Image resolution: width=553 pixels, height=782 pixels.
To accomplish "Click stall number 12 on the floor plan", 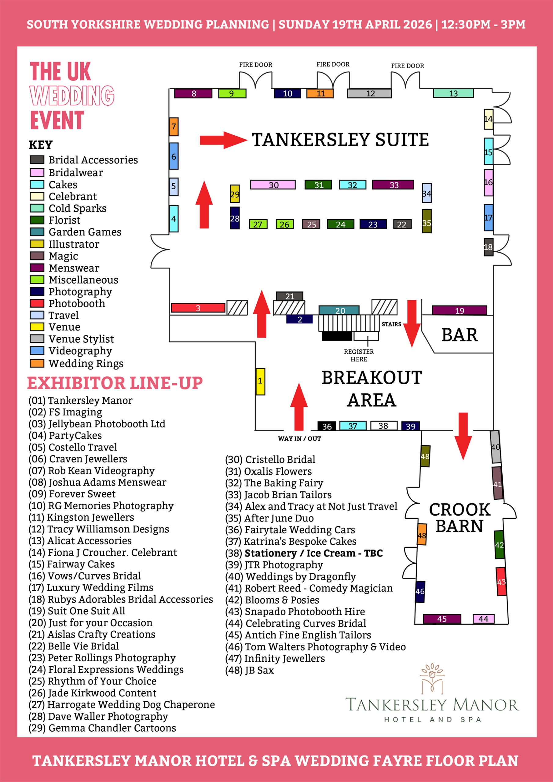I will pos(369,93).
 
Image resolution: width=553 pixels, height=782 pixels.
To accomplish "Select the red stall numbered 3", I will pos(198,308).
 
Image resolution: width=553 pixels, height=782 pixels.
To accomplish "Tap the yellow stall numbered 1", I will pos(260,381).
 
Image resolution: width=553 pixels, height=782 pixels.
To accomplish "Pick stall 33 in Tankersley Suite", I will pos(393,185).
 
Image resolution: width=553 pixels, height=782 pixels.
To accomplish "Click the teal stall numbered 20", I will pos(339,310).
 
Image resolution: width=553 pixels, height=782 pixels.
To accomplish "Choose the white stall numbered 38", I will pos(383,426).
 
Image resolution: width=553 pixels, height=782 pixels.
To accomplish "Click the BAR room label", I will pos(459,334).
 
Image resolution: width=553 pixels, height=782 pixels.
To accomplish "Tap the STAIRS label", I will pos(391,324).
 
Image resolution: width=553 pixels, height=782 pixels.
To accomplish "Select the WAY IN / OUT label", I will pos(299,439).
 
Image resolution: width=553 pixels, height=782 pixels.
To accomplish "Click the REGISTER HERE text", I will pos(359,355).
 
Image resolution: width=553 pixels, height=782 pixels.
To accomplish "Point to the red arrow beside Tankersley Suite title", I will pos(223,140).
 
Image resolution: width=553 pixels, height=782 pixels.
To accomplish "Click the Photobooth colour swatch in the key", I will pos(37,303).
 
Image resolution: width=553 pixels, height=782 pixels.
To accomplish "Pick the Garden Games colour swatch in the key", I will pos(37,232).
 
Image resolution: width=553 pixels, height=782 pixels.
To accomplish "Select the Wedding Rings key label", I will pos(86,364).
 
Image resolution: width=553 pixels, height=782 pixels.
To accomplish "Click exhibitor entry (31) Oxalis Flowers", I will pos(269,471).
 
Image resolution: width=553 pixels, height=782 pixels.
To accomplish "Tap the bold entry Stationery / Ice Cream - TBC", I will pos(313,553).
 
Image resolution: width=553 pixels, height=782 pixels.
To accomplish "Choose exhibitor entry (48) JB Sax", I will pos(249,670).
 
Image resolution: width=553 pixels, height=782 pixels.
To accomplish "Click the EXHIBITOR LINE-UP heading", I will pos(115,383).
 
